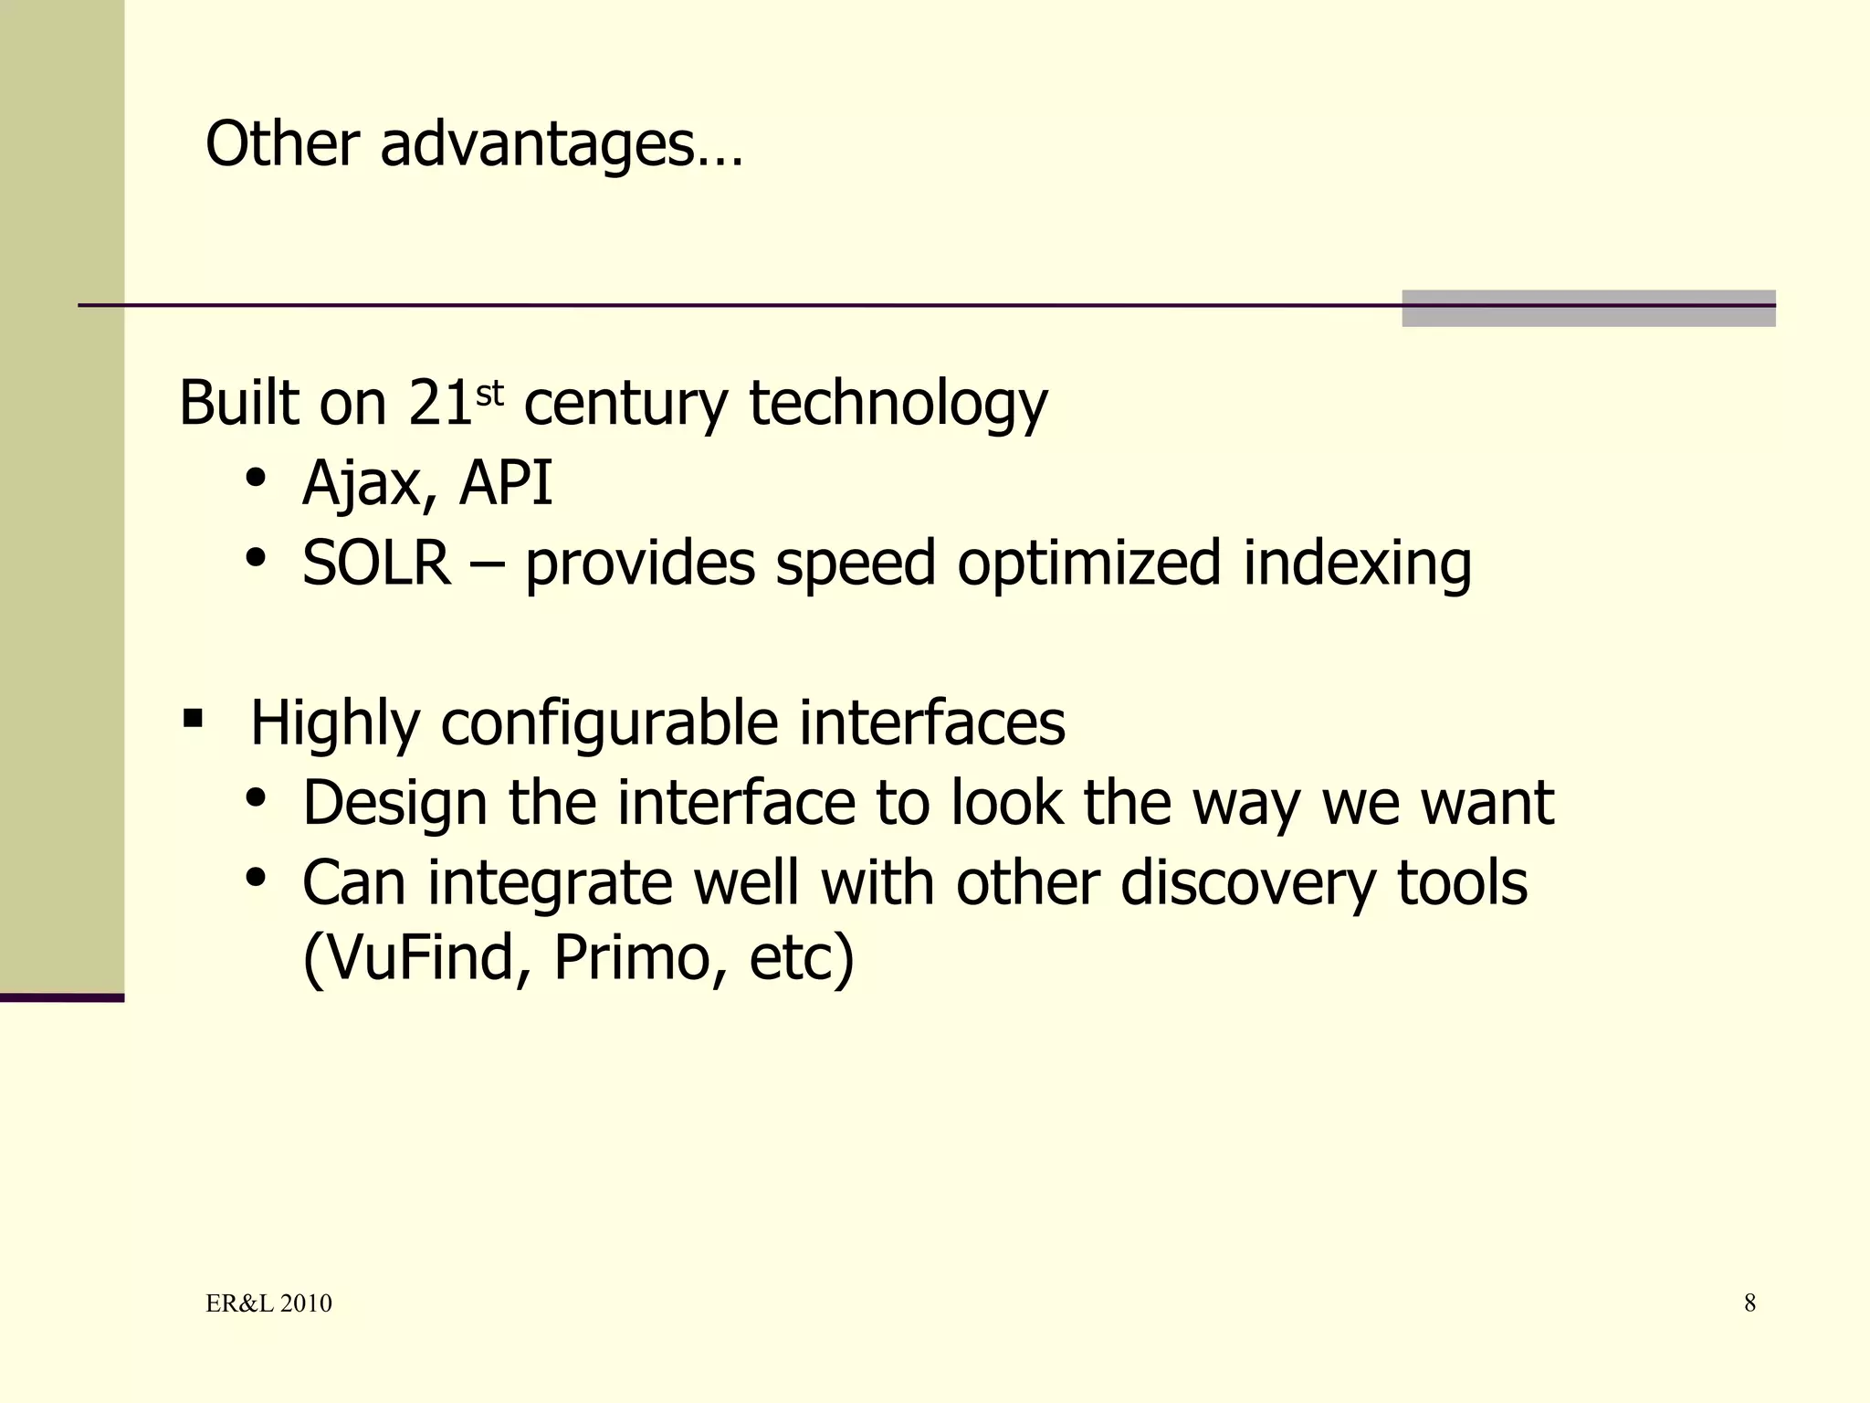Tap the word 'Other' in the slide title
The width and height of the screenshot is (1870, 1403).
282,144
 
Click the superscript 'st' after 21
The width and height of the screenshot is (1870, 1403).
489,394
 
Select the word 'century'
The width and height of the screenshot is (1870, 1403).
625,405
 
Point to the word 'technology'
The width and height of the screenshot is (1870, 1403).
898,405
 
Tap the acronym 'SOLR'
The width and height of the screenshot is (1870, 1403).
376,563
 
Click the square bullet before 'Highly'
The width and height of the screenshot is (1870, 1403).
193,718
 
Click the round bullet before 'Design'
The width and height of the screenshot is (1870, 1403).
256,799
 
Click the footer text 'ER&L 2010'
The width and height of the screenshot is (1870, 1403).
268,1303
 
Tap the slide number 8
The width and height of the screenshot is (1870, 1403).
1749,1303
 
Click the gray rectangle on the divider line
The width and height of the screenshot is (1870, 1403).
1588,308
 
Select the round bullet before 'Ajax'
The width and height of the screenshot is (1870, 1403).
256,479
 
